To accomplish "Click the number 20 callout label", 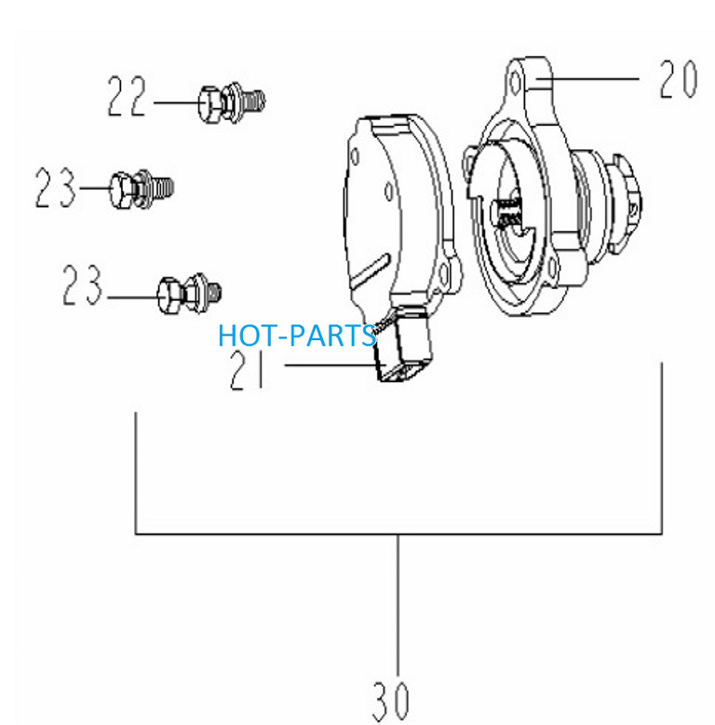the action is pos(678,79).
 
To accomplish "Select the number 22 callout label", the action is pos(127,96).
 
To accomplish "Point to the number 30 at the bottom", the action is pos(391,701).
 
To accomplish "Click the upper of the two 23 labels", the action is pos(55,187).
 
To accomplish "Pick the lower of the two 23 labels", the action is pos(82,284).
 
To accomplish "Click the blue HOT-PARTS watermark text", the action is pos(297,335).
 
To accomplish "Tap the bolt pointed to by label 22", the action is pos(232,103).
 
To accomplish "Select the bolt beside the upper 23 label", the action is pos(142,188).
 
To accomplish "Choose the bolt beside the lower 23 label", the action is pos(189,294).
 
